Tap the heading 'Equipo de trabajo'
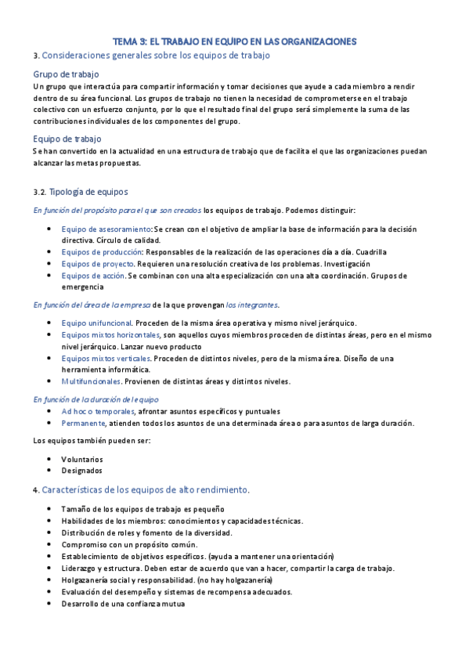(x=67, y=139)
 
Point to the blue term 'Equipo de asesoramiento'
(x=106, y=229)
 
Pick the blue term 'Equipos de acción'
(x=92, y=276)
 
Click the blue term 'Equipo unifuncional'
(x=96, y=323)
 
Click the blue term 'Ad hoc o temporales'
(x=97, y=411)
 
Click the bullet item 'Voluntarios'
(x=81, y=459)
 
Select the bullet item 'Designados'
(x=81, y=471)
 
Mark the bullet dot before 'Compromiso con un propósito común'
(x=50, y=545)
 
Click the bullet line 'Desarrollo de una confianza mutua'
(x=123, y=604)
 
